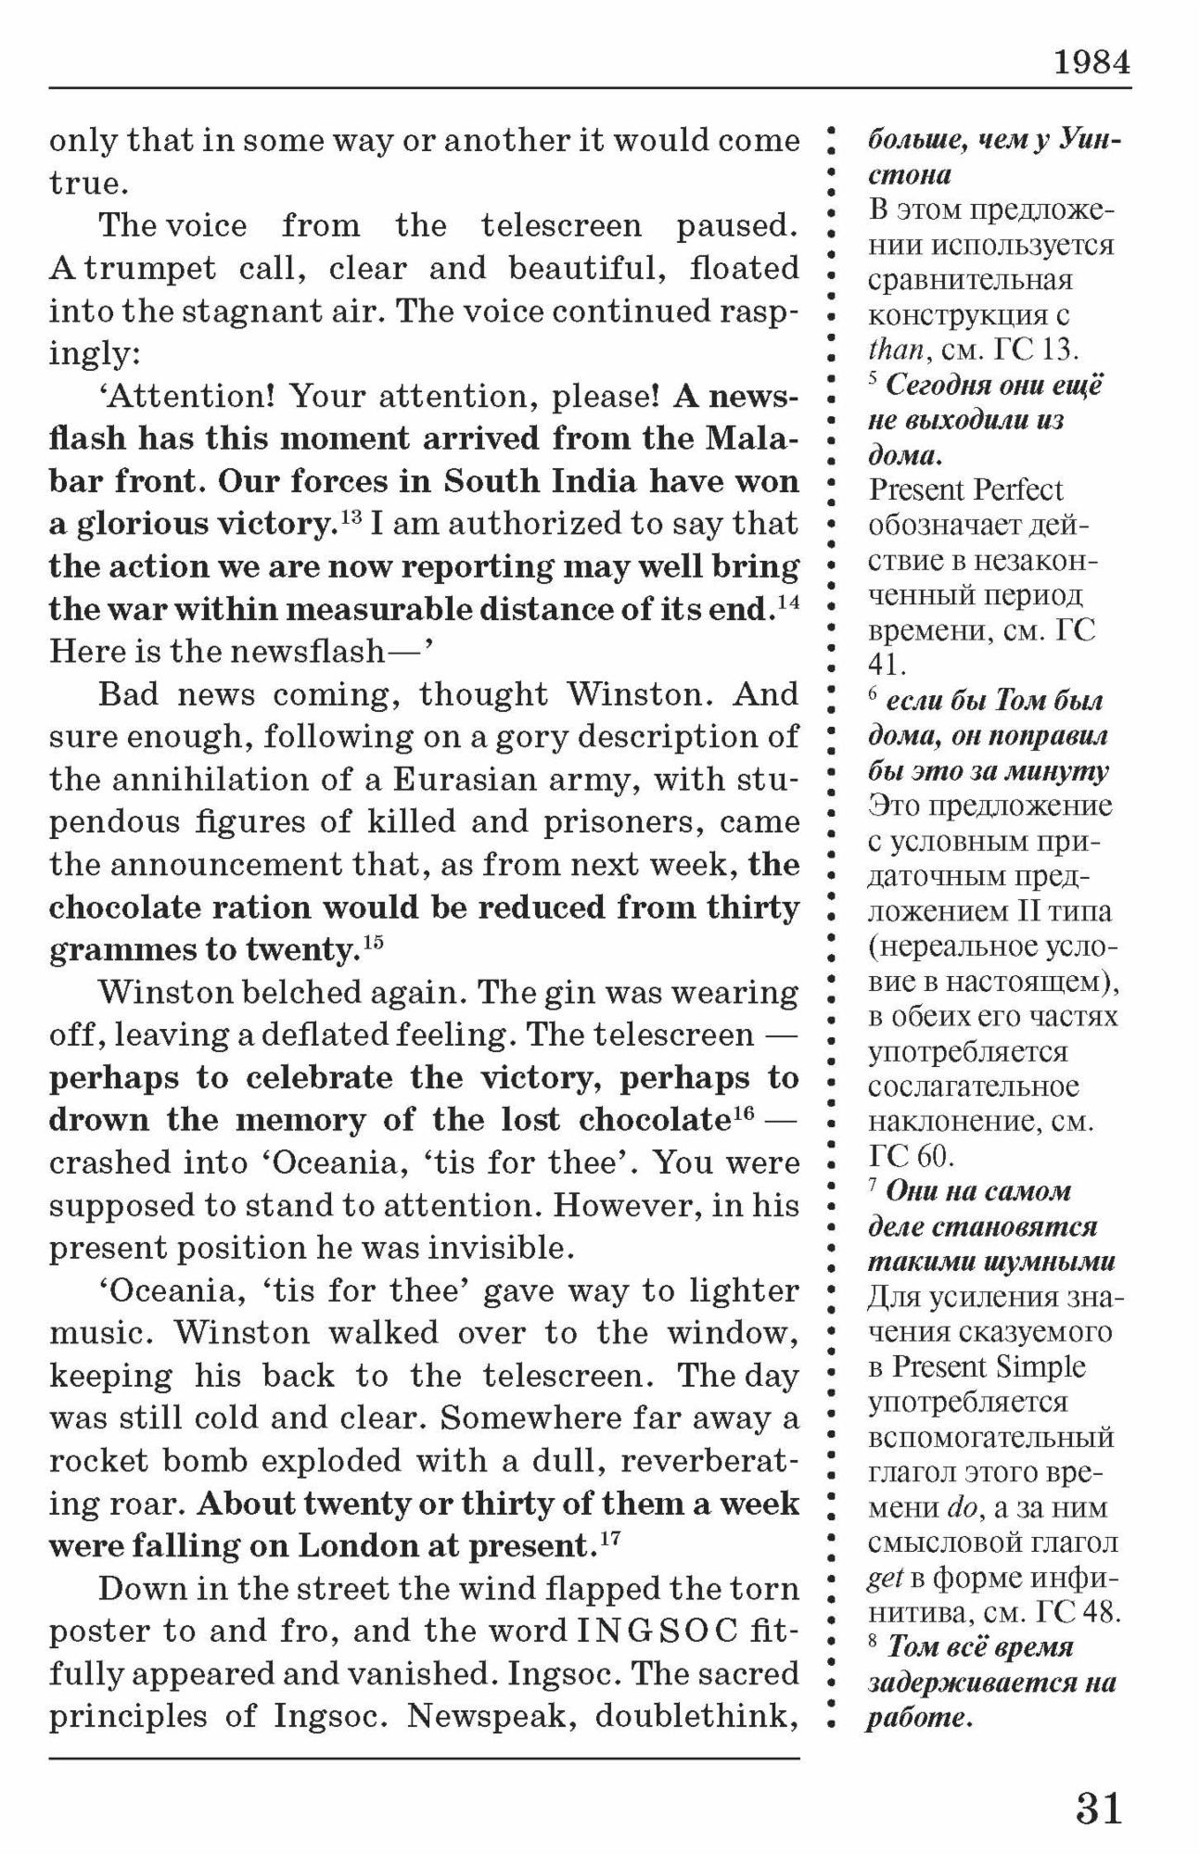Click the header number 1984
pyautogui.click(x=1091, y=63)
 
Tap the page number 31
pyautogui.click(x=1098, y=1809)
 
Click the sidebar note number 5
pyautogui.click(x=873, y=379)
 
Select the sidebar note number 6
pyautogui.click(x=873, y=695)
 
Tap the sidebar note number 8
pyautogui.click(x=873, y=1642)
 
